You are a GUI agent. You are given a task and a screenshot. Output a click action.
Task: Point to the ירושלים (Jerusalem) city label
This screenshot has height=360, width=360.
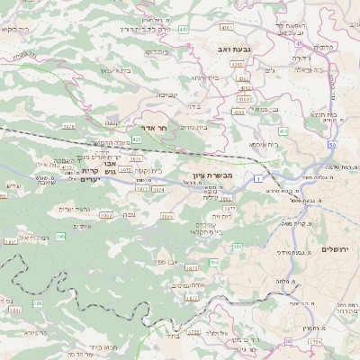pyautogui.click(x=336, y=248)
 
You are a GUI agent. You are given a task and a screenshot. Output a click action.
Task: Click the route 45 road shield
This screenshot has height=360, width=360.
pyautogui.click(x=297, y=41)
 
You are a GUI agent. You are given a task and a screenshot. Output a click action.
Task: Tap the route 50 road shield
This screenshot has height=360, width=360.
pyautogui.click(x=332, y=145)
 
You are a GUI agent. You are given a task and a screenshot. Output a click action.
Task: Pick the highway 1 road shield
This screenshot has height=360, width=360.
pyautogui.click(x=257, y=180)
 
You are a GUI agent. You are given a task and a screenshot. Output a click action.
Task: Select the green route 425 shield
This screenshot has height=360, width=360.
pyautogui.click(x=137, y=139)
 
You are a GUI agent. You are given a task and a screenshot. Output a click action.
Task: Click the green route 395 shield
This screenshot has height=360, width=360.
pyautogui.click(x=61, y=237)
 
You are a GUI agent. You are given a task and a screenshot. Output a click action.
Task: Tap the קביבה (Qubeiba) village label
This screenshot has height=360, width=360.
pyautogui.click(x=167, y=93)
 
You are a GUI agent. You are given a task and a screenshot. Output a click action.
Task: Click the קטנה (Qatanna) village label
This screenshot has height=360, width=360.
pyautogui.click(x=112, y=121)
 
